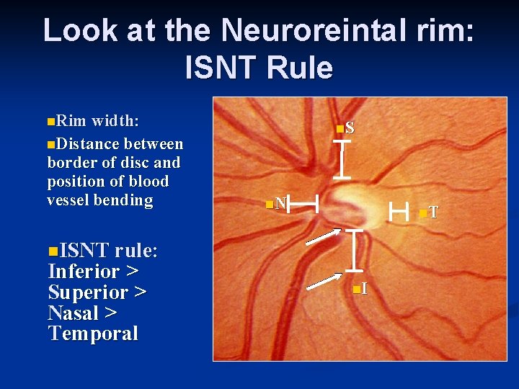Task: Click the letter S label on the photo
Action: [x=349, y=128]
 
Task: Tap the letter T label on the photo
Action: [x=432, y=212]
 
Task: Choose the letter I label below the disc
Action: [x=363, y=289]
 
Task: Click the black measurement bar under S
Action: [x=342, y=159]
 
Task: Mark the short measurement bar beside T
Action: [x=398, y=211]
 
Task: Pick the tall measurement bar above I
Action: [x=354, y=251]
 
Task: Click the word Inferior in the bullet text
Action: [x=83, y=272]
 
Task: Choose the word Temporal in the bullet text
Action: [x=92, y=334]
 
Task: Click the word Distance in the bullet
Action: [x=85, y=144]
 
